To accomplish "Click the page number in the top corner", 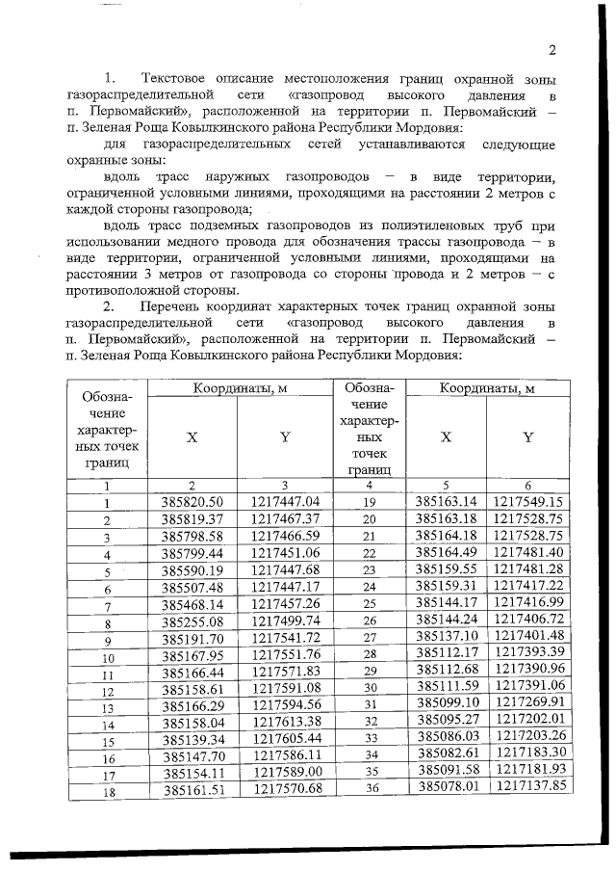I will tap(552, 51).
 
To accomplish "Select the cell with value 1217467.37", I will tap(285, 519).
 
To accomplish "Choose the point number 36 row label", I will tap(368, 788).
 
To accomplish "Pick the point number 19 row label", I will tap(368, 502).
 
